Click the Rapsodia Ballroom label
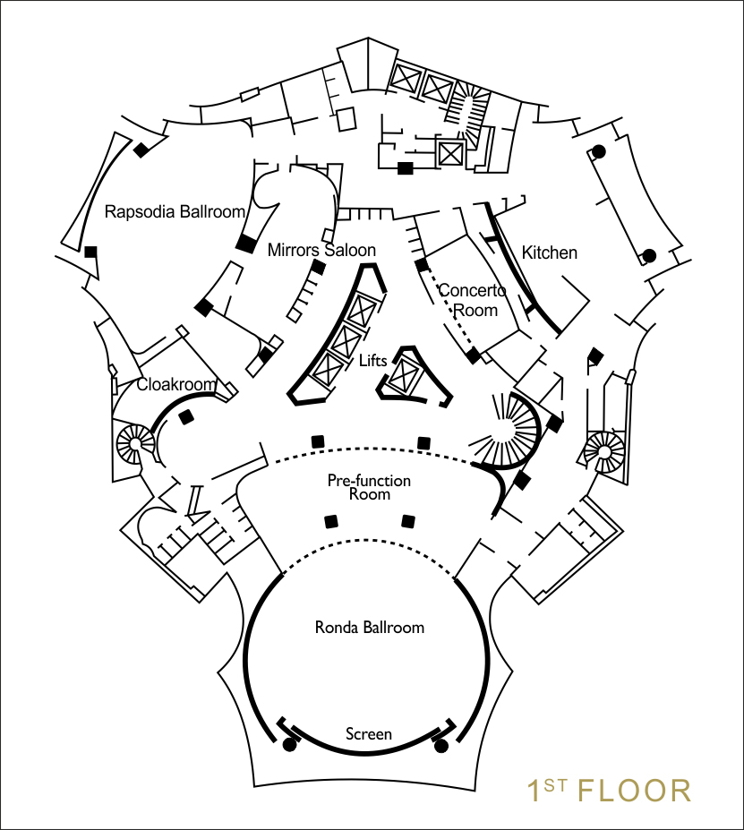pyautogui.click(x=175, y=212)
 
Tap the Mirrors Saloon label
pyautogui.click(x=321, y=250)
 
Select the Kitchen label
pyautogui.click(x=550, y=252)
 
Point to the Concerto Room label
pyautogui.click(x=472, y=300)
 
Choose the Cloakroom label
pyautogui.click(x=176, y=385)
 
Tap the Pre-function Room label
pyautogui.click(x=369, y=487)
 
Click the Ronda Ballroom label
pyautogui.click(x=369, y=627)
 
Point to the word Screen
pyautogui.click(x=369, y=734)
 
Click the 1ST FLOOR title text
pyautogui.click(x=608, y=791)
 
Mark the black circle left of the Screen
pyautogui.click(x=289, y=744)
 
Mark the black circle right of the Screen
pyautogui.click(x=440, y=744)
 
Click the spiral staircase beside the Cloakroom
pyautogui.click(x=136, y=441)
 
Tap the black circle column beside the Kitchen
pyautogui.click(x=650, y=255)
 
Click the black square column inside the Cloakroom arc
pyautogui.click(x=187, y=417)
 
